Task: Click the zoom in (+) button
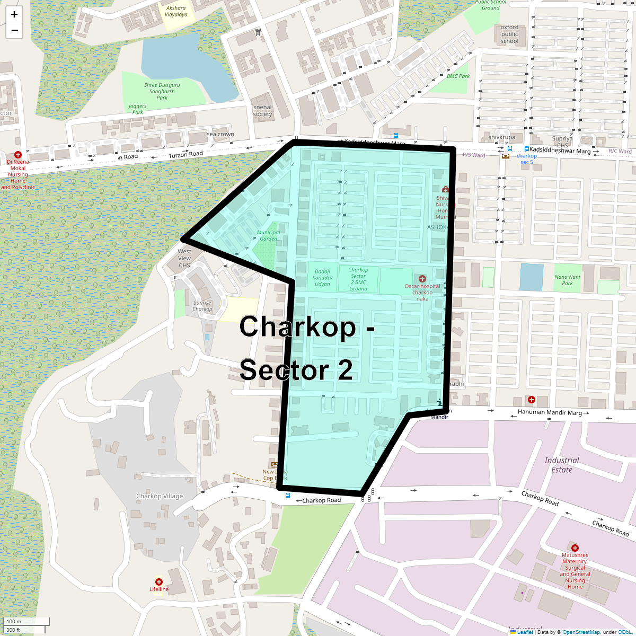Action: tap(14, 14)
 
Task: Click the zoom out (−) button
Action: tap(14, 30)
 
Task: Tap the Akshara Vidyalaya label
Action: tap(176, 11)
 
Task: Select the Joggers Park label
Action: tap(138, 109)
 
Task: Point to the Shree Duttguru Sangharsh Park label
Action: tap(162, 91)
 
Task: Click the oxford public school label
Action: tap(509, 34)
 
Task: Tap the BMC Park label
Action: tap(458, 76)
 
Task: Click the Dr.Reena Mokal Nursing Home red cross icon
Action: tap(17, 155)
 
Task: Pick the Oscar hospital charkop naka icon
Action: tap(422, 279)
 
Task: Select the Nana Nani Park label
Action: tap(567, 280)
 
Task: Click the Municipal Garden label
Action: tap(268, 235)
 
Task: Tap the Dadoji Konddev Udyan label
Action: tap(322, 278)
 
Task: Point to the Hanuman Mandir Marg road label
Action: tap(550, 412)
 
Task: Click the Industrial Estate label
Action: tap(562, 465)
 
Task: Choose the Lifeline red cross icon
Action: tap(158, 582)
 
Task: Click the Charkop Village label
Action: tap(160, 496)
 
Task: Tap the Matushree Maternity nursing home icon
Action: tap(575, 548)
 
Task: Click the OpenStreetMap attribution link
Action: tap(581, 632)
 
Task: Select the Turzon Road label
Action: tap(185, 154)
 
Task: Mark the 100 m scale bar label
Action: tap(14, 621)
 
